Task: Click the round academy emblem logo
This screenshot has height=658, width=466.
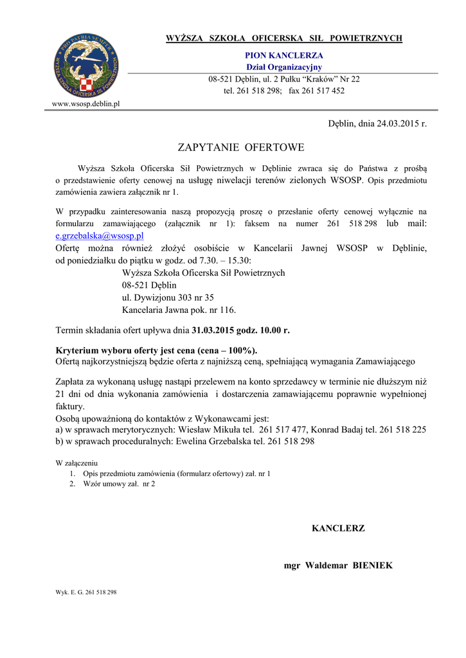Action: pyautogui.click(x=85, y=66)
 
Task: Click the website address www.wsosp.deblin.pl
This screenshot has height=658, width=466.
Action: pyautogui.click(x=85, y=103)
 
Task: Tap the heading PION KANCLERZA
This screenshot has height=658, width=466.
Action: pyautogui.click(x=284, y=56)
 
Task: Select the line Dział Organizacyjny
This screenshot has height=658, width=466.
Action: pyautogui.click(x=284, y=67)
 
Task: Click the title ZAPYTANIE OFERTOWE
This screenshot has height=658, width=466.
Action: pyautogui.click(x=240, y=148)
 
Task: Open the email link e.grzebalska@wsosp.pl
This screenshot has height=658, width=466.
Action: pyautogui.click(x=100, y=236)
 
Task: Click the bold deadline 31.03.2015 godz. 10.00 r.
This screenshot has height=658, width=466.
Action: pyautogui.click(x=240, y=330)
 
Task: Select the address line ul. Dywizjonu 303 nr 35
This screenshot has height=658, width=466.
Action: pyautogui.click(x=168, y=298)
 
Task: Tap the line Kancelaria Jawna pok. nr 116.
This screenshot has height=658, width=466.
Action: pyautogui.click(x=179, y=310)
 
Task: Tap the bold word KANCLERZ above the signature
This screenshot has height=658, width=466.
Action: pyautogui.click(x=338, y=528)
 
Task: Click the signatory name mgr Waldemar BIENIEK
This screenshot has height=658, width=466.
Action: pyautogui.click(x=338, y=565)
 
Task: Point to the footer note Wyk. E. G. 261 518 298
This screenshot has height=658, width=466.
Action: pyautogui.click(x=86, y=592)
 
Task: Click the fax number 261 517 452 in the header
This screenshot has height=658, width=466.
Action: pyautogui.click(x=324, y=91)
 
